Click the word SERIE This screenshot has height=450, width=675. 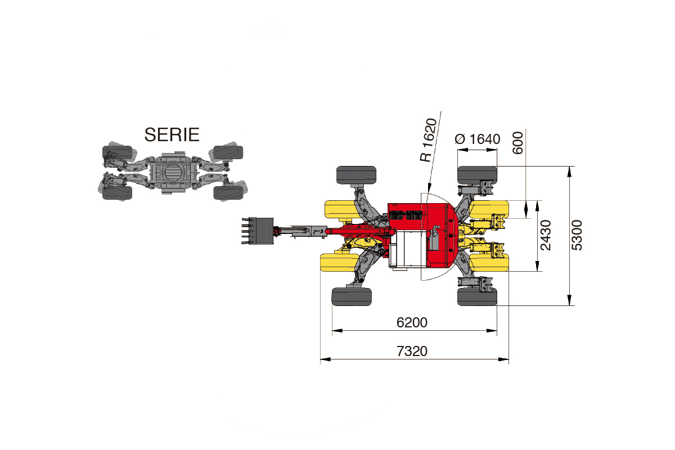[x=172, y=134]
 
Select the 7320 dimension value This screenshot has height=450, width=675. [x=412, y=351]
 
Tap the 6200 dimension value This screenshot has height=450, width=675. [x=412, y=322]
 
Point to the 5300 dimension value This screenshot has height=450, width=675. [x=577, y=235]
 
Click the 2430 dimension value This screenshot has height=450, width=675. [x=546, y=235]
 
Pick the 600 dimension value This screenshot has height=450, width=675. [x=518, y=143]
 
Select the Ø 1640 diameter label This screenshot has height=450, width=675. [x=478, y=139]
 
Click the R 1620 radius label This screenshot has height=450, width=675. [x=428, y=140]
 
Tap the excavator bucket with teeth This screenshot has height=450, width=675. [x=258, y=231]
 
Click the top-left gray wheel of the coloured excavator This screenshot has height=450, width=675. [x=356, y=175]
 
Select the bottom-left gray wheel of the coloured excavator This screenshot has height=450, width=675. [x=352, y=296]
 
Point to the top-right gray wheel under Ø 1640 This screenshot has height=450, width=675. [x=478, y=175]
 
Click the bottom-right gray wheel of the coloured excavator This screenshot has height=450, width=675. [x=478, y=296]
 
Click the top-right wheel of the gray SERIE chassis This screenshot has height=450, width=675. [x=228, y=152]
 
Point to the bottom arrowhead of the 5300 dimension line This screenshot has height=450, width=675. [x=569, y=300]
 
